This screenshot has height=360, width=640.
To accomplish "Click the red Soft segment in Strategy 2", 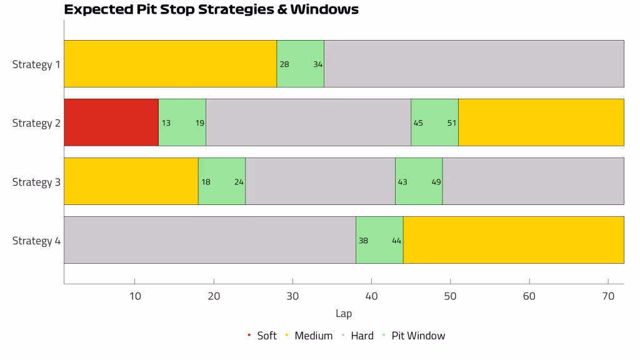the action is pyautogui.click(x=111, y=122).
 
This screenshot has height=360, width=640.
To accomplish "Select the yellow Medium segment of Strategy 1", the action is pyautogui.click(x=171, y=64).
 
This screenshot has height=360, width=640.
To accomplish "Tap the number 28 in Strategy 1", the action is pyautogui.click(x=284, y=64).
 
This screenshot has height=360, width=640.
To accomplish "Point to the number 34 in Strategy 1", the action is pyautogui.click(x=318, y=64).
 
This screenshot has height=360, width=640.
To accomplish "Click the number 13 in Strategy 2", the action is pyautogui.click(x=166, y=123).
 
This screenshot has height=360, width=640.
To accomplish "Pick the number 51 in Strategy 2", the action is pyautogui.click(x=451, y=123).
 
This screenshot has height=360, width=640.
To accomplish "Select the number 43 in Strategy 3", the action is pyautogui.click(x=402, y=182).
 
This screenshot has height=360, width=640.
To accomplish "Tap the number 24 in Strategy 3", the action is pyautogui.click(x=239, y=182).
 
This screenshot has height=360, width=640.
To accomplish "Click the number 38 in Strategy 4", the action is pyautogui.click(x=363, y=241).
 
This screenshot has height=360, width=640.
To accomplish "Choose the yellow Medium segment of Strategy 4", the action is pyautogui.click(x=514, y=240).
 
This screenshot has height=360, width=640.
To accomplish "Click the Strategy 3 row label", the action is pyautogui.click(x=36, y=182).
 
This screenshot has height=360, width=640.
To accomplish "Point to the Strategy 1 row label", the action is pyautogui.click(x=36, y=64).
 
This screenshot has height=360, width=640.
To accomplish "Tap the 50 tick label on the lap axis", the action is pyautogui.click(x=450, y=296).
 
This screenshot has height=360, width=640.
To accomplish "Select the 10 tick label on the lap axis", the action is pyautogui.click(x=135, y=296).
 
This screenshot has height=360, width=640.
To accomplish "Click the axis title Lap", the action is pyautogui.click(x=344, y=314).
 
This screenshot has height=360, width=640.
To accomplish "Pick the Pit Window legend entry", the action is pyautogui.click(x=414, y=336).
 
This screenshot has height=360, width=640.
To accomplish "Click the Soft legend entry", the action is pyautogui.click(x=262, y=336).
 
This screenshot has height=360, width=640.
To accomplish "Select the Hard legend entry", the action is pyautogui.click(x=357, y=336).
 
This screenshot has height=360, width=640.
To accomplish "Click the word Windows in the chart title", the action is pyautogui.click(x=324, y=9).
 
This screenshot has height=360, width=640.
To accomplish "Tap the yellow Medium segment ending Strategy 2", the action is pyautogui.click(x=541, y=122).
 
